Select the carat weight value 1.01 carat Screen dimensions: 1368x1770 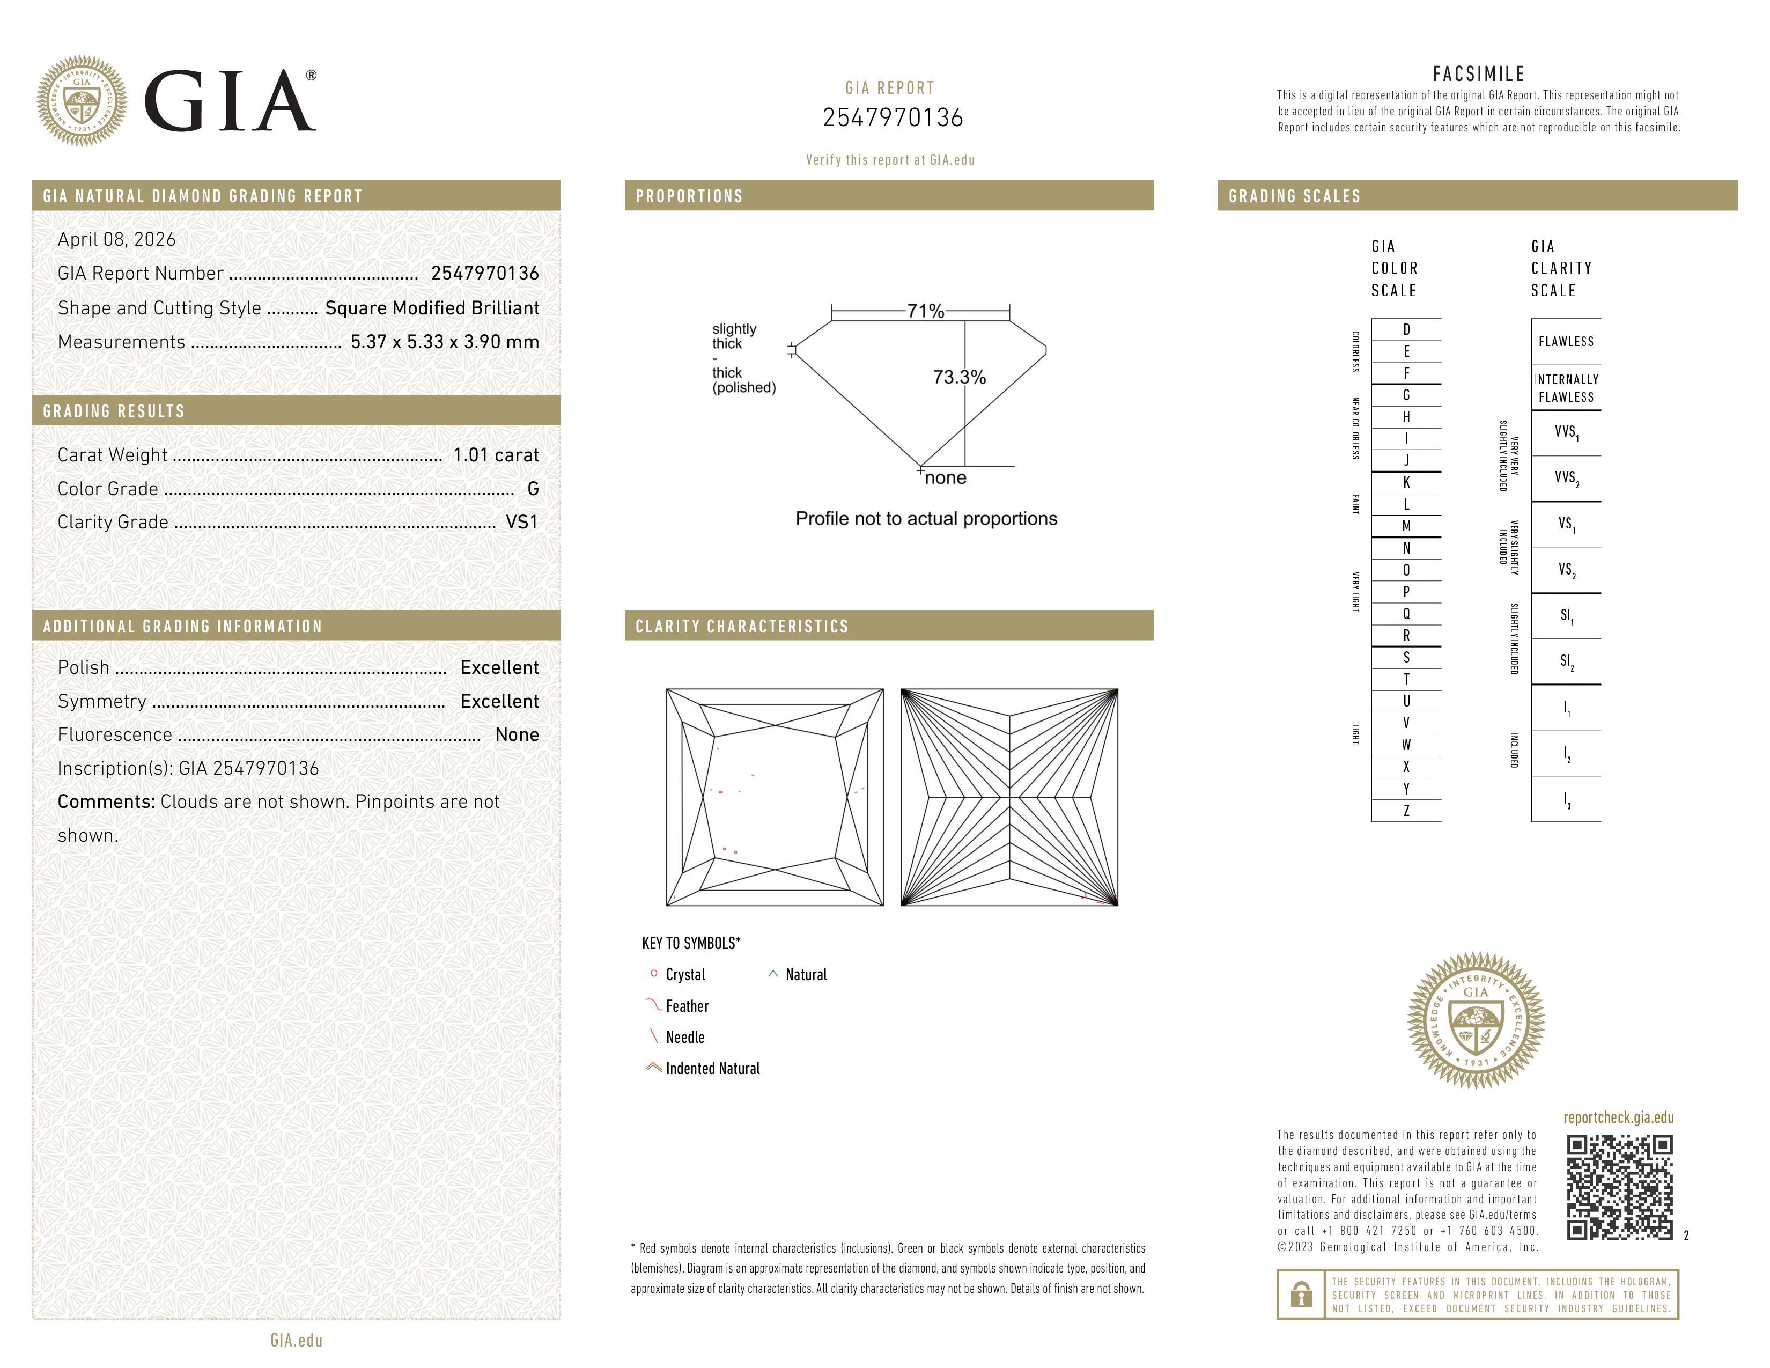[495, 454]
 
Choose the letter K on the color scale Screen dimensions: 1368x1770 [1406, 482]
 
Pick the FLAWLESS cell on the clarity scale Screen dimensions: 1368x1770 [1565, 341]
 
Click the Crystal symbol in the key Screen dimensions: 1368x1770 [653, 973]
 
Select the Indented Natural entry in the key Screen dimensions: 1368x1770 [712, 1068]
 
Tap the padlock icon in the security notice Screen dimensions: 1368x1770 [1301, 1295]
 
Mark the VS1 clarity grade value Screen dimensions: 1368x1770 [521, 522]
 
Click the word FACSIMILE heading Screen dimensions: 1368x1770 [1478, 73]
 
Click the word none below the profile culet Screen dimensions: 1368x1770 [945, 478]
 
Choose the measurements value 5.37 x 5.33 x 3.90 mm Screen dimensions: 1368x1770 [444, 342]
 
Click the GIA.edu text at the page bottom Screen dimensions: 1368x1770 [296, 1340]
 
